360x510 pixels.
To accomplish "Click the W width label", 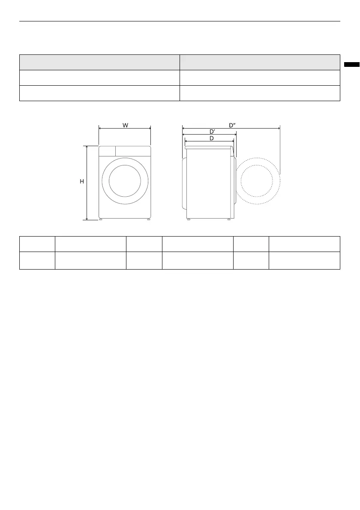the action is pyautogui.click(x=125, y=125).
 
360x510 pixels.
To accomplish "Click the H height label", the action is pyautogui.click(x=82, y=181).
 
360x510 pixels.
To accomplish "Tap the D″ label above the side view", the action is pyautogui.click(x=232, y=125).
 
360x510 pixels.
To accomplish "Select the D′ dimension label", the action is pyautogui.click(x=213, y=132).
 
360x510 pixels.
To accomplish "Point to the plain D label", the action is pyautogui.click(x=211, y=138).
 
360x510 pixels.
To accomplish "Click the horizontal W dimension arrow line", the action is pyautogui.click(x=125, y=129).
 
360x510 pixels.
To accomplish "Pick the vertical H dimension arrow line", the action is pyautogui.click(x=87, y=183).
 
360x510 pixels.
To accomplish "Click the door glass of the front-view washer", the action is pyautogui.click(x=125, y=181).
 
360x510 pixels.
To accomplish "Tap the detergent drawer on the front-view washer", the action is pyautogui.click(x=107, y=151).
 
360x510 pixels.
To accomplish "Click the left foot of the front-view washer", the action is pyautogui.click(x=101, y=219).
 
